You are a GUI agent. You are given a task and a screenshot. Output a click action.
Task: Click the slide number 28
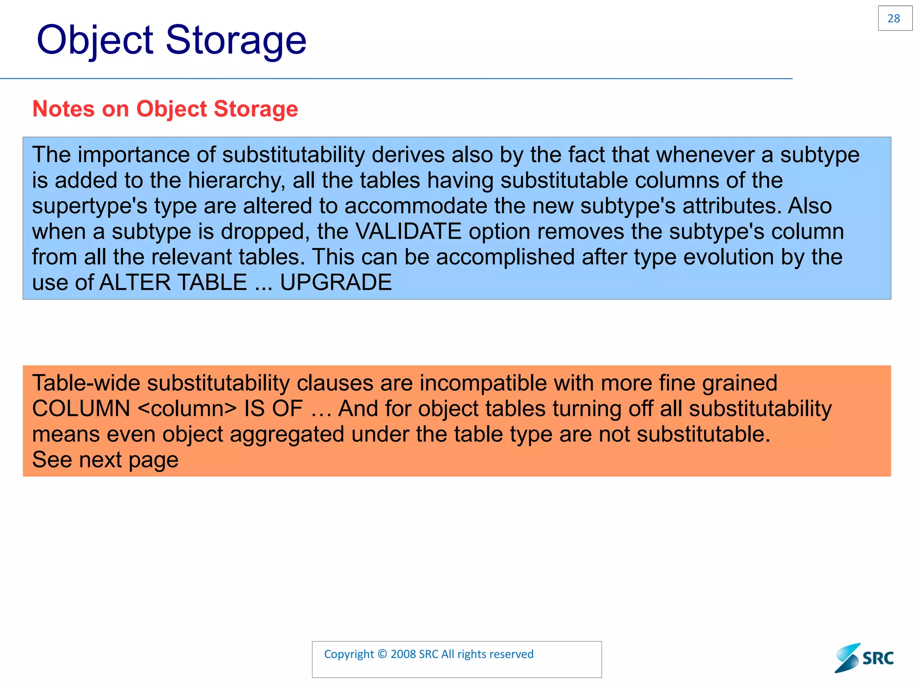coord(894,19)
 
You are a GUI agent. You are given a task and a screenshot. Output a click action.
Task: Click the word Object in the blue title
coord(95,40)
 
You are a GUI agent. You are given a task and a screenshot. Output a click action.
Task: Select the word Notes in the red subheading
coord(63,109)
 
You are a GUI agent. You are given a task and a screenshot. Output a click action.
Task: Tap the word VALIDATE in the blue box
coord(408,231)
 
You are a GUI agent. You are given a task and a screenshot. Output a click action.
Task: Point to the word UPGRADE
coord(336,283)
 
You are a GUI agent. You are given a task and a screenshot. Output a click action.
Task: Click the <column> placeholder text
coord(187,409)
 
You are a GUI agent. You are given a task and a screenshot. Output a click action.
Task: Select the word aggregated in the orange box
coord(287,434)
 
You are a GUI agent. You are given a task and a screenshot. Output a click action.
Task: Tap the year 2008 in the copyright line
coord(403,654)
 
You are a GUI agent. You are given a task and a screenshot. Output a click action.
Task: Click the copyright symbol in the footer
coord(382,654)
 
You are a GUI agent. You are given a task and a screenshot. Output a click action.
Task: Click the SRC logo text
coord(877,659)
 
